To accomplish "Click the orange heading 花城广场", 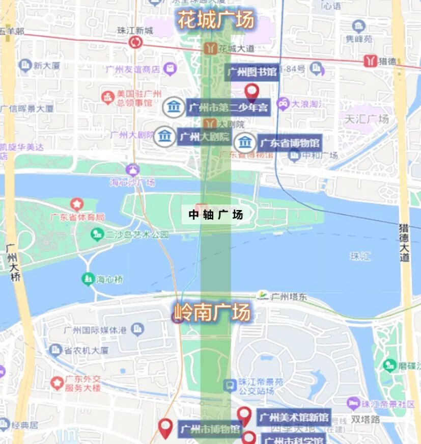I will click(215, 20).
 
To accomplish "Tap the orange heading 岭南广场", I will click(213, 312).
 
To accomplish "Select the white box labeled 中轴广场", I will click(215, 215).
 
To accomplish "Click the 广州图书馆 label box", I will click(252, 72).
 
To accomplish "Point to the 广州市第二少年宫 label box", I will click(228, 108).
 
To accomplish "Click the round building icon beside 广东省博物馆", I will click(245, 143).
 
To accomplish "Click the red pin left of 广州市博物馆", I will click(165, 428).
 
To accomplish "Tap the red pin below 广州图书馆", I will click(251, 93).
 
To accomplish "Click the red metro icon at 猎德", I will click(371, 61).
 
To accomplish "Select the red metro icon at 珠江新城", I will click(135, 42).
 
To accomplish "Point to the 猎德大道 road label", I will click(404, 242).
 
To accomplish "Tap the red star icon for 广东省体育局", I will click(77, 205).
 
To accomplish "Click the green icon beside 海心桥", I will click(88, 279).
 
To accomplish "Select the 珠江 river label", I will click(360, 256).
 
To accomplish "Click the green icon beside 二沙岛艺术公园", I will click(97, 234).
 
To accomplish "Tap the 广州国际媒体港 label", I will click(95, 329).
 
